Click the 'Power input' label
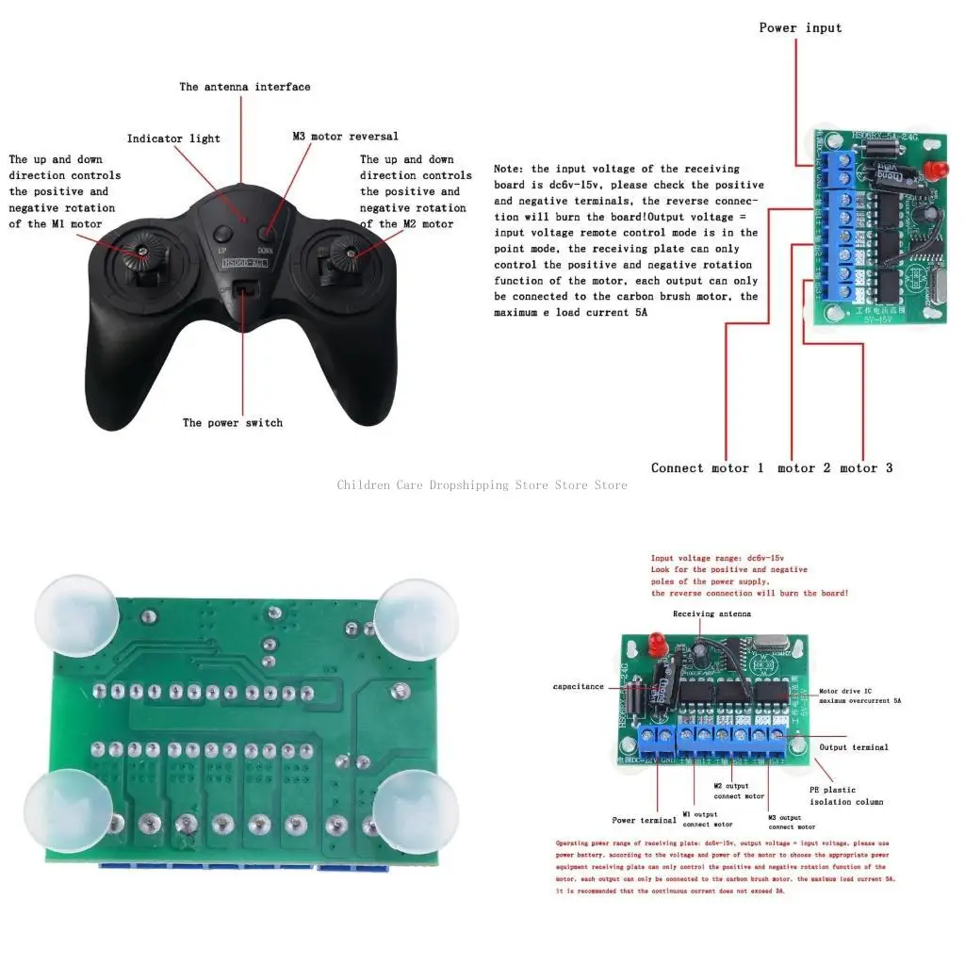800,27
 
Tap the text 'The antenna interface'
245,87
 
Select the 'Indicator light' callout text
173,139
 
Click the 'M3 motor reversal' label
345,137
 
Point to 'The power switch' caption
233,422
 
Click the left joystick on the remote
141,251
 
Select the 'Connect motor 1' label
707,467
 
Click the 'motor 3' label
865,467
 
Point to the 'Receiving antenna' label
711,613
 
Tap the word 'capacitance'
578,687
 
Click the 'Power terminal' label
645,820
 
